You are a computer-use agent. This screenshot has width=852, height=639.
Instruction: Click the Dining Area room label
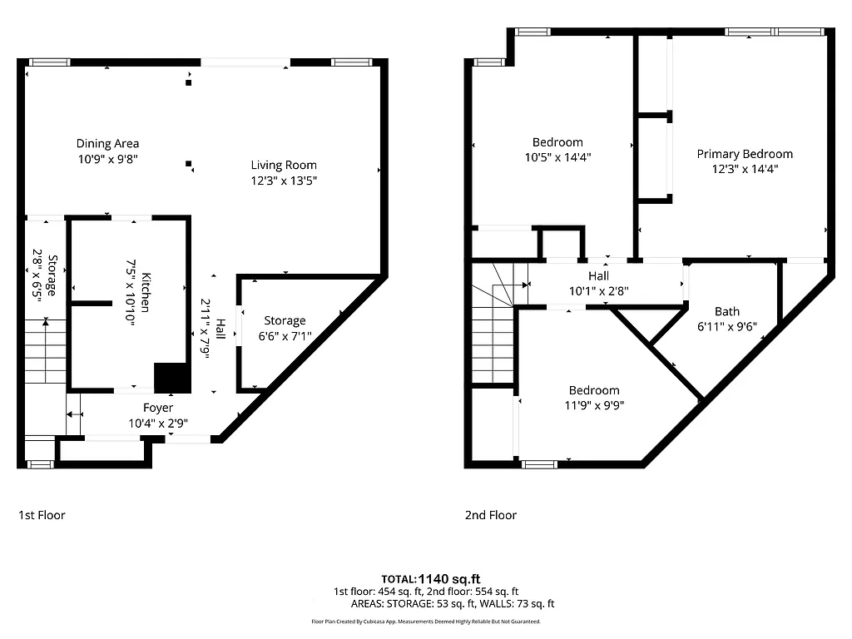click(x=107, y=143)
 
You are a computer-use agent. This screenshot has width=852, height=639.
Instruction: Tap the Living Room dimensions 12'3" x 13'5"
click(x=285, y=180)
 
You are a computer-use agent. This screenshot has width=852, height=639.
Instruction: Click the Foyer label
click(x=158, y=408)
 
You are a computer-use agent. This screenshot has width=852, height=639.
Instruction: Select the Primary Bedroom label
click(x=745, y=154)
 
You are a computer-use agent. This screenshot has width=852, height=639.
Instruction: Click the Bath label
click(x=727, y=312)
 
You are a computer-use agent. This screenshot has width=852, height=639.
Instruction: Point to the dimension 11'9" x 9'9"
click(x=594, y=405)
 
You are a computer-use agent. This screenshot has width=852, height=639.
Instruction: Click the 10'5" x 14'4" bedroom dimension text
click(x=557, y=156)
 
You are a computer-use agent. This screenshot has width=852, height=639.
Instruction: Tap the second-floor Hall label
click(x=598, y=276)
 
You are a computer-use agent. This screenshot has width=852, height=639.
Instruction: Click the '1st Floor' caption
click(x=42, y=515)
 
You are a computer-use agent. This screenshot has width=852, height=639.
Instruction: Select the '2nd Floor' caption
click(x=490, y=515)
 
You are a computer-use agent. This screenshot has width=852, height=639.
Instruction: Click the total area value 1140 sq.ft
click(x=449, y=579)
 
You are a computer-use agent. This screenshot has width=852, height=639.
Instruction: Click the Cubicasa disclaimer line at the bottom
click(x=425, y=622)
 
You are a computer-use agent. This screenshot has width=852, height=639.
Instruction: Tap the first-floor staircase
click(x=45, y=354)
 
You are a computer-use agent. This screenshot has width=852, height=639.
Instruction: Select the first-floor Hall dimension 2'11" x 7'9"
click(x=206, y=328)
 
